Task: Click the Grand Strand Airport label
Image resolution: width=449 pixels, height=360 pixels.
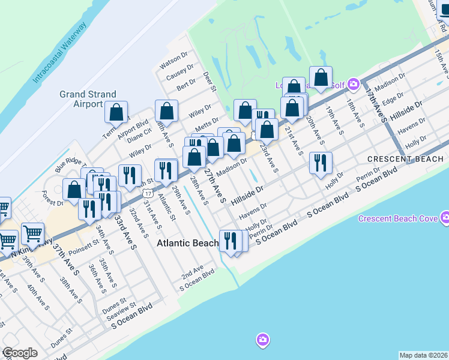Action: (x=81, y=99)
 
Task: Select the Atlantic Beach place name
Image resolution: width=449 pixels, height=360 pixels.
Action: (x=188, y=244)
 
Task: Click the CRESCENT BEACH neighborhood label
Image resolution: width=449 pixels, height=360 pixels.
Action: (x=405, y=159)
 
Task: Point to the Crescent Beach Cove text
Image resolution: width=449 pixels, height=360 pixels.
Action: (x=398, y=218)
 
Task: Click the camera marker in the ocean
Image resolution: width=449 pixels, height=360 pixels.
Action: (x=262, y=340)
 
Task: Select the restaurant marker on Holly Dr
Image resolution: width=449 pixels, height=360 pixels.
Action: (x=321, y=163)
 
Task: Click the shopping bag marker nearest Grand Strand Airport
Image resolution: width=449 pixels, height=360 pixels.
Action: (x=116, y=112)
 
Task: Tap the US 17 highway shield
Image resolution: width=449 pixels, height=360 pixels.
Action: (x=148, y=192)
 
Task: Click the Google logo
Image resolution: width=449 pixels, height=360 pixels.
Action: (x=20, y=353)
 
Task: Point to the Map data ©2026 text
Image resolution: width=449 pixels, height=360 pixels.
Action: (x=424, y=355)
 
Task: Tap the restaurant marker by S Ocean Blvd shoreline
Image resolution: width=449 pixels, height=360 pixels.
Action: (x=229, y=241)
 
